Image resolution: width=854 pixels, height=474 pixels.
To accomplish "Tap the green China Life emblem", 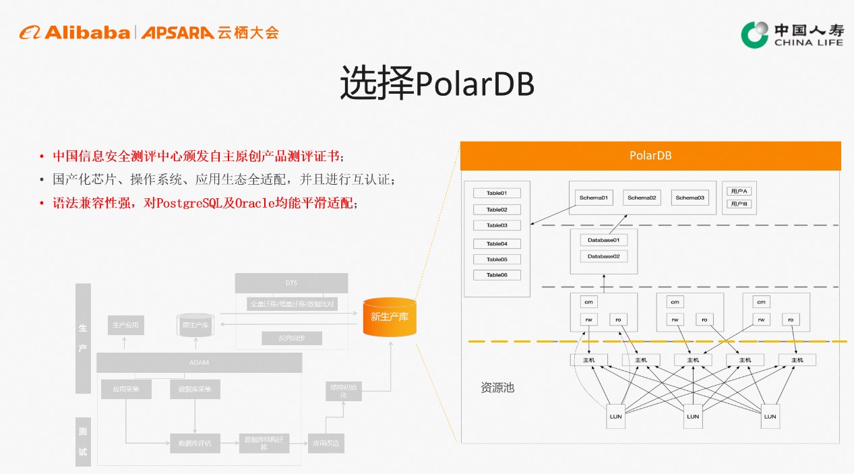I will point(754,34).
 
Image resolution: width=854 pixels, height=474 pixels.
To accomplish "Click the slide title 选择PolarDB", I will point(437,84).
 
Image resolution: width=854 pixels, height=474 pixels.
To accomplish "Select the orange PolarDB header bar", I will point(650,156).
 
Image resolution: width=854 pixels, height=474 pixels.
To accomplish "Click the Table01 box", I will point(497,193).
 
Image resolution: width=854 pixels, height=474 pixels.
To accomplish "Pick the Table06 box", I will point(497,275).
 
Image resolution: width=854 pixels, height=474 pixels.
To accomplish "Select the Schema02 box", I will point(642,198).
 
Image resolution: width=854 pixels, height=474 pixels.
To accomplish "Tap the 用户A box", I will point(738,191).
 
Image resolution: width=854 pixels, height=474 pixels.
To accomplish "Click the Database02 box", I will point(603,256).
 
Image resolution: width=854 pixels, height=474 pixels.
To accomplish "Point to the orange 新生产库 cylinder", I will point(390,316).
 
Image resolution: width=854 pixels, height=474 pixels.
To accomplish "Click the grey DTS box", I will point(291,283).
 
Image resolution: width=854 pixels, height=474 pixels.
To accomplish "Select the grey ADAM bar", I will point(199,363).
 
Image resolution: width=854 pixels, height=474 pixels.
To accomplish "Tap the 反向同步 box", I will point(291,338).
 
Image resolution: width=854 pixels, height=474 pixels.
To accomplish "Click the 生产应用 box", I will point(125,325).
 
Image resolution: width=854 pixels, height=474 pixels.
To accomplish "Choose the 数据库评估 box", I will point(194,443).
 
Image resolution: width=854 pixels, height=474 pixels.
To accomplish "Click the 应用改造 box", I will point(325,443).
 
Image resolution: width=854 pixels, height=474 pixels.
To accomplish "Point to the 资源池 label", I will point(497,388).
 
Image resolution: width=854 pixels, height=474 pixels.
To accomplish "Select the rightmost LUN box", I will point(770,416).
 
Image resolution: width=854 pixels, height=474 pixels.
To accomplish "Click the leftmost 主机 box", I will point(588,360).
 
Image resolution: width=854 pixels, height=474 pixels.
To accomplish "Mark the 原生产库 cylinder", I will point(195,325).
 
